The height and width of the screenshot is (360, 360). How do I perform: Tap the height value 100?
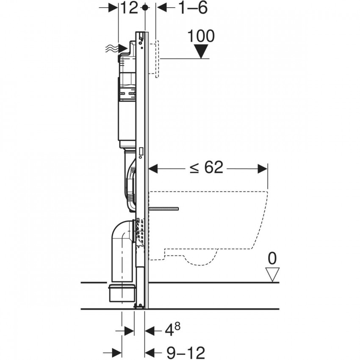(x=201, y=36)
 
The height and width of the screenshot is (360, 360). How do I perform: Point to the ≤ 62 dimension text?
(x=206, y=168)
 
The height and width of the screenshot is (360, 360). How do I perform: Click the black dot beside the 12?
(x=145, y=8)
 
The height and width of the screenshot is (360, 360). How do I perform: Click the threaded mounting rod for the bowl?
(x=165, y=208)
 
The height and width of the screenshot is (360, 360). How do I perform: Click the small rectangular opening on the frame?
(x=141, y=151)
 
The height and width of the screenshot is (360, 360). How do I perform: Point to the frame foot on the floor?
(x=139, y=306)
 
